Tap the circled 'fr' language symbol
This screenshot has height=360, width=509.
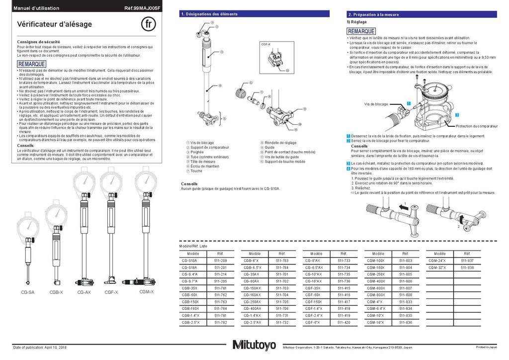[x=149, y=24]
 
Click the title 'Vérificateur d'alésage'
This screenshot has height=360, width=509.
[x=55, y=24]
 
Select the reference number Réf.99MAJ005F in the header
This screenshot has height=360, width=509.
[x=143, y=8]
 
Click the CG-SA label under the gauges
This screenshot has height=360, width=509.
[x=27, y=292]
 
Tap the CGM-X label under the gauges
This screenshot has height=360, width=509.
[x=147, y=292]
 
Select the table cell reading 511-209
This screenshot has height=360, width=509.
[x=220, y=261]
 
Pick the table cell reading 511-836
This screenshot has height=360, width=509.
[x=406, y=323]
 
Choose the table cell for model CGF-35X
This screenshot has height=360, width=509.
[x=313, y=288]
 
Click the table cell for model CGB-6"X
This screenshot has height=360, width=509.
[x=252, y=261]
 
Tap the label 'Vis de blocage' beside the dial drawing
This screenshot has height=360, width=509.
[x=376, y=104]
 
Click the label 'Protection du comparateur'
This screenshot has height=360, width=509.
[x=477, y=126]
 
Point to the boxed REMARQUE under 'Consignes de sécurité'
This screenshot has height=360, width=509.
[x=31, y=64]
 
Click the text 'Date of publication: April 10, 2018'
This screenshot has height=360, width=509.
[x=40, y=347]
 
